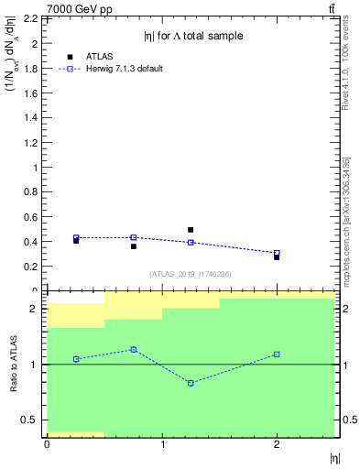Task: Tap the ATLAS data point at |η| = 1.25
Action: point(191,230)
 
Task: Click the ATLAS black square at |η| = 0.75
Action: point(133,246)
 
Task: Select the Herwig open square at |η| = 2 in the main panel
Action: point(277,253)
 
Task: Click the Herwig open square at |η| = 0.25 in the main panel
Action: point(76,237)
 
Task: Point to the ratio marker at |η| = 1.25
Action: point(191,383)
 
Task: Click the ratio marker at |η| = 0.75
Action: point(133,349)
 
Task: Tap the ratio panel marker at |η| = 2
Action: point(277,354)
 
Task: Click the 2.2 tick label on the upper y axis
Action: point(29,18)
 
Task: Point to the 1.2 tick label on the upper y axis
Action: point(29,143)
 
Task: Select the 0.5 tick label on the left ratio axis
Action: point(29,420)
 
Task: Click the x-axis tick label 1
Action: point(162,445)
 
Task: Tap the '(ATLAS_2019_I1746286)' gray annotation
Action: point(190,273)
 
